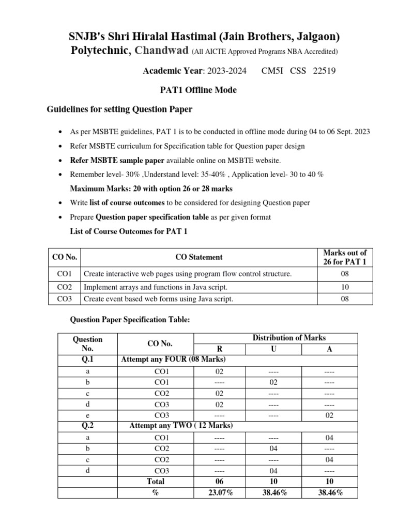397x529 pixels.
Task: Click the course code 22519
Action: coord(324,71)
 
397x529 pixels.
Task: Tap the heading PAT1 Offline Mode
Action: coord(198,90)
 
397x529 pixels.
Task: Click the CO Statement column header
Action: coord(199,257)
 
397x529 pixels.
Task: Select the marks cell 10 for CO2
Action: coord(345,287)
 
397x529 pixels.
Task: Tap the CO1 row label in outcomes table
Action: coord(64,274)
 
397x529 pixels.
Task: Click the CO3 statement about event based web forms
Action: coord(158,299)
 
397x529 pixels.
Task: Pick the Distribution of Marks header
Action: coord(289,338)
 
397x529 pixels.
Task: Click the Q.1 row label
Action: coord(87,360)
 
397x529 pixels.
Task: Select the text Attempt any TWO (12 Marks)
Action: coord(181,425)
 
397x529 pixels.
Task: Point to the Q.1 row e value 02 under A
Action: coord(329,415)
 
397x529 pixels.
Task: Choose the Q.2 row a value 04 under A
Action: coord(329,438)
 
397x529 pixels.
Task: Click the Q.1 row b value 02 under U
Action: coord(273,382)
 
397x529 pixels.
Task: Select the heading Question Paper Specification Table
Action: coord(130,320)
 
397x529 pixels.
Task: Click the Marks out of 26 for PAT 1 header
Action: coord(345,257)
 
